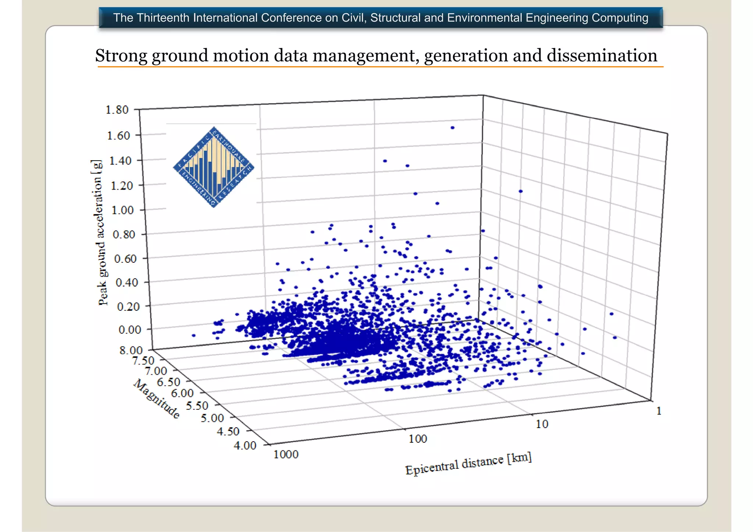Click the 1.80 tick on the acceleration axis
(x=117, y=110)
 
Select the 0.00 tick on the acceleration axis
(x=130, y=330)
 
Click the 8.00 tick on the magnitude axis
(x=131, y=350)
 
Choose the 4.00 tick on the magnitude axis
(x=245, y=446)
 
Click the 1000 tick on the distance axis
(x=286, y=454)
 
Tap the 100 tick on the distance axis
(x=418, y=439)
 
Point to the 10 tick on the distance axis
(x=542, y=424)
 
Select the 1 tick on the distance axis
(x=659, y=411)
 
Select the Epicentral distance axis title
(x=468, y=464)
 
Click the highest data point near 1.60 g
(x=453, y=128)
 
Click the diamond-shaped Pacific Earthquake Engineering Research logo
(x=214, y=167)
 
